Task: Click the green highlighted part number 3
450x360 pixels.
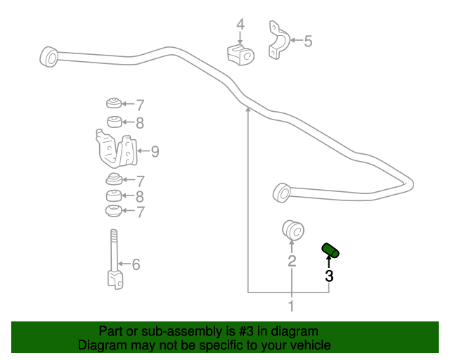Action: pyautogui.click(x=330, y=250)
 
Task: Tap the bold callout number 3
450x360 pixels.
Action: pyautogui.click(x=329, y=276)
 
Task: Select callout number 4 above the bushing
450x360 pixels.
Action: pyautogui.click(x=240, y=25)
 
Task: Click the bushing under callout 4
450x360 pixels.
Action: pyautogui.click(x=240, y=55)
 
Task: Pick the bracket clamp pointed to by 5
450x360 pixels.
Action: pyautogui.click(x=278, y=40)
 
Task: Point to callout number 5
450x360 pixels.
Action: pyautogui.click(x=308, y=41)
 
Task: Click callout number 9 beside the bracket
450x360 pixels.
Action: pyautogui.click(x=155, y=152)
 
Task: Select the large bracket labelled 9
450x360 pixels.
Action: pyautogui.click(x=116, y=148)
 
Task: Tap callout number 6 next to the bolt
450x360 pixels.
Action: pyautogui.click(x=136, y=264)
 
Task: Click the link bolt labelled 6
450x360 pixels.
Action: pyautogui.click(x=115, y=259)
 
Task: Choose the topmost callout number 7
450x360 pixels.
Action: pyautogui.click(x=140, y=105)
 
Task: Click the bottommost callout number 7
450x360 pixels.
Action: pyautogui.click(x=140, y=212)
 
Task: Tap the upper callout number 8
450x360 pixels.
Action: pyautogui.click(x=140, y=123)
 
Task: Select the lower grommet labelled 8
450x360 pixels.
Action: pyautogui.click(x=114, y=196)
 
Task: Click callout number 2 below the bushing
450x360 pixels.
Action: pyautogui.click(x=292, y=262)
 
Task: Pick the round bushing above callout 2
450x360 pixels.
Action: pyautogui.click(x=292, y=230)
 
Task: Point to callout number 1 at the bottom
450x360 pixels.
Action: pyautogui.click(x=291, y=306)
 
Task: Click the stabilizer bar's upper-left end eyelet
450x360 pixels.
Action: pyautogui.click(x=49, y=57)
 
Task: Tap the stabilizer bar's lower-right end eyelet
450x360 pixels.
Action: pyautogui.click(x=282, y=193)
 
